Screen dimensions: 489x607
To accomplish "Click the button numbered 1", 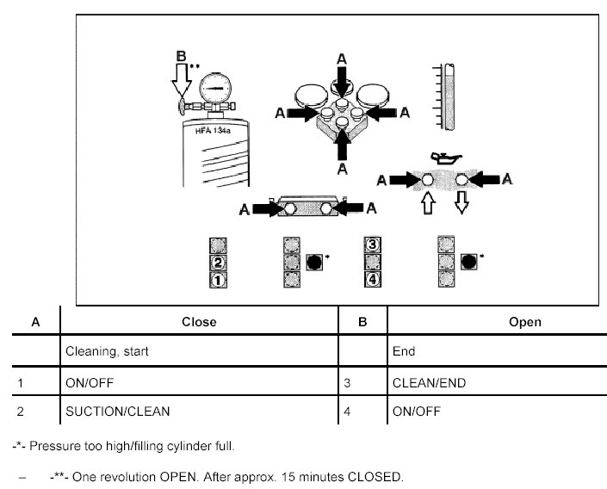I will (x=220, y=280).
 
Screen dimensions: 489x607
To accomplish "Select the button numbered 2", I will (x=220, y=263).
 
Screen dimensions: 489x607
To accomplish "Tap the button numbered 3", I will (x=373, y=245).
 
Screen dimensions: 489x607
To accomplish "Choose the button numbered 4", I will (x=373, y=280).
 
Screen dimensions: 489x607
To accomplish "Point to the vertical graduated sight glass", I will (x=447, y=96).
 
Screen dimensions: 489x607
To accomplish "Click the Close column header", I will (x=199, y=322).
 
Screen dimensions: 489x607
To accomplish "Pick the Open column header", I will (x=525, y=322).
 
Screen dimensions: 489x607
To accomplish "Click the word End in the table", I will (x=404, y=351).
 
